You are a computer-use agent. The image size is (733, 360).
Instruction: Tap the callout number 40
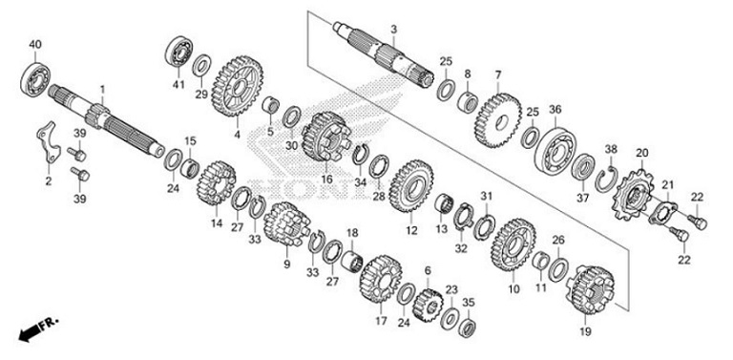(35, 45)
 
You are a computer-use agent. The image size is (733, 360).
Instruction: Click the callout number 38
(611, 149)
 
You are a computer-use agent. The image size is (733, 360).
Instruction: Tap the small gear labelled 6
(428, 305)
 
